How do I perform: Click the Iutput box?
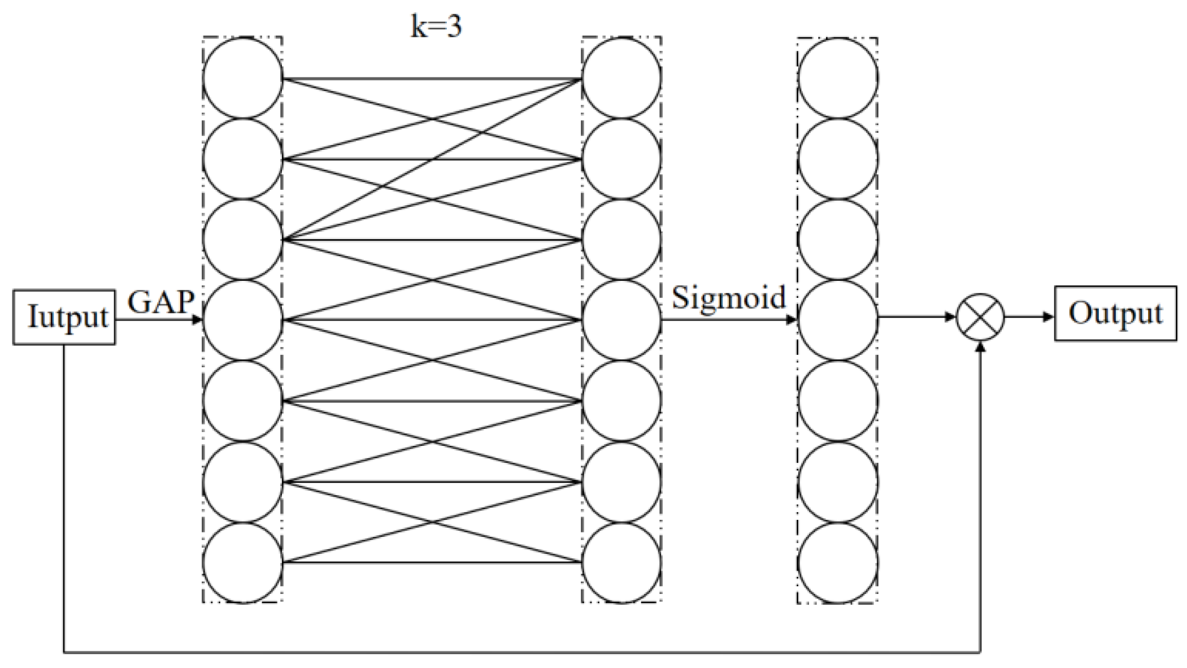[64, 316]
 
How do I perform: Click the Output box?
[1115, 314]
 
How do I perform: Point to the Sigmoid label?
[728, 297]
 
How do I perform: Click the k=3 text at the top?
[436, 27]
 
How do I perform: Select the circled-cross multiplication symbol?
[980, 317]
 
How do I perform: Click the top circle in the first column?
[242, 78]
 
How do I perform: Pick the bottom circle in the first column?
[242, 562]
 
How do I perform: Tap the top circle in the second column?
[621, 78]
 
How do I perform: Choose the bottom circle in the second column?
[621, 562]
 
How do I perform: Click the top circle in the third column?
[837, 78]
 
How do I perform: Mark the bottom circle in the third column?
[837, 562]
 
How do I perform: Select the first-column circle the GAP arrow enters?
[242, 320]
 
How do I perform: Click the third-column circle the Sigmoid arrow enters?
[837, 320]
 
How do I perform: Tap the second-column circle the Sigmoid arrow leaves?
[621, 320]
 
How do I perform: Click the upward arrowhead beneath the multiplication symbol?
[980, 347]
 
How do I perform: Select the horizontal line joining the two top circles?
[432, 79]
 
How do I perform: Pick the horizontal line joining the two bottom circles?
[432, 562]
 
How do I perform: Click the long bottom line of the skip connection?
[520, 653]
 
